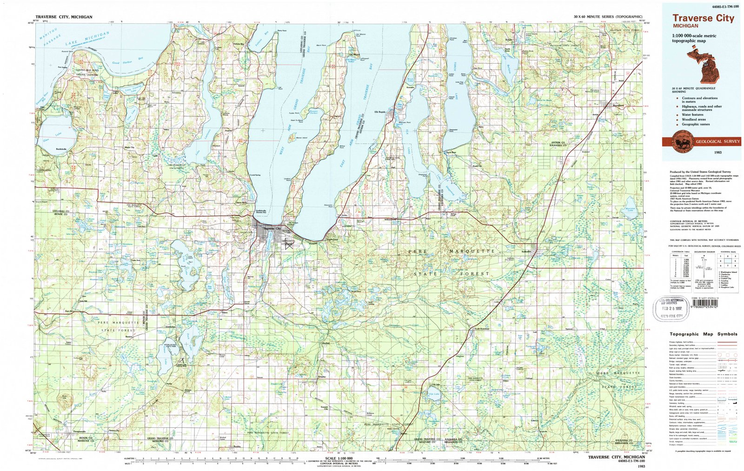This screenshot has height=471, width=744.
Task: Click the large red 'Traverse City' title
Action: tap(703, 18)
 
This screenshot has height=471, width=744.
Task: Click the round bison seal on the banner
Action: tap(675, 141)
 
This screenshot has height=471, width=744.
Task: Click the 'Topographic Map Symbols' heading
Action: tap(703, 334)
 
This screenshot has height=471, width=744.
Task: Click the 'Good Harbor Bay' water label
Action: tap(122, 62)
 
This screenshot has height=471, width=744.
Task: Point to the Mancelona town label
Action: tap(618, 106)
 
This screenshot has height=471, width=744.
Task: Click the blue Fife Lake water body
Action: tap(433, 395)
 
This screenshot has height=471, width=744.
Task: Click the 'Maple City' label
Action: tap(129, 147)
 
